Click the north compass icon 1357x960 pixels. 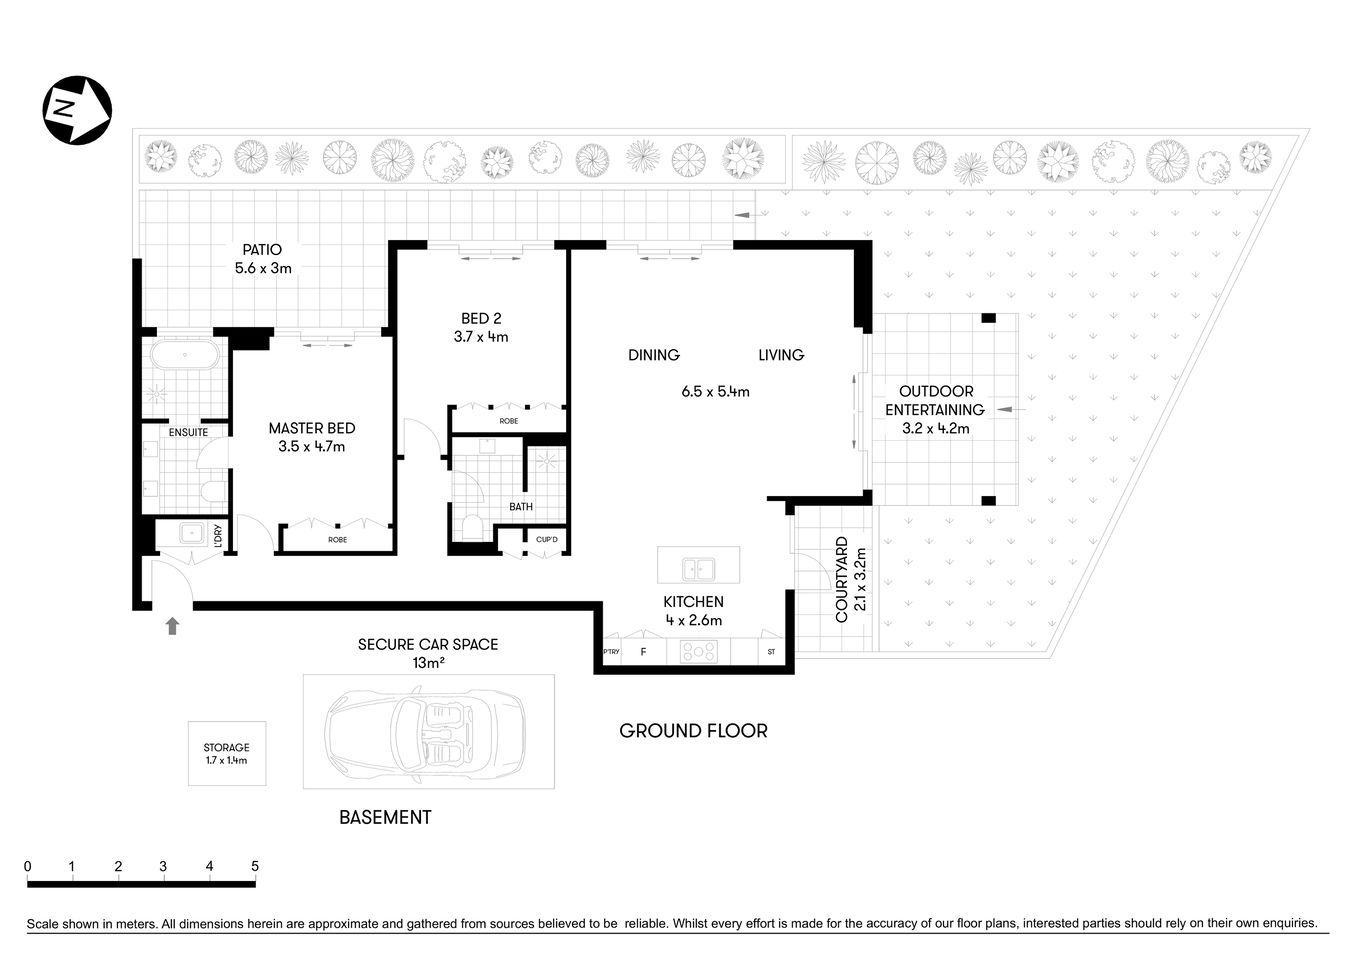click(77, 109)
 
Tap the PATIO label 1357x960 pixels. click(262, 250)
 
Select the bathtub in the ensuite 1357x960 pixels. click(185, 356)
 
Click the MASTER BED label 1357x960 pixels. click(311, 428)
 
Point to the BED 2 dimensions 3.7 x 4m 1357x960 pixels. click(480, 337)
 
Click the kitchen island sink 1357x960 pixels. click(697, 569)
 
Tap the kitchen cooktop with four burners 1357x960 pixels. click(698, 651)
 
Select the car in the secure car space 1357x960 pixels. click(428, 732)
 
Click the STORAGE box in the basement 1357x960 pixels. click(227, 753)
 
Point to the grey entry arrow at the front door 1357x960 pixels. click(172, 626)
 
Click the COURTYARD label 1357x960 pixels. click(842, 580)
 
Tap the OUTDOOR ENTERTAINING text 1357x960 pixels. click(934, 400)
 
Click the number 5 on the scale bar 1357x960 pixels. click(255, 866)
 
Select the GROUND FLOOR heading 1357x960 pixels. click(693, 731)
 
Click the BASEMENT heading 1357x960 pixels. click(385, 817)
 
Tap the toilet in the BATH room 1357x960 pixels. click(472, 526)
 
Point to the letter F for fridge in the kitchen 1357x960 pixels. click(643, 652)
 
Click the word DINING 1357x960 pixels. click(653, 355)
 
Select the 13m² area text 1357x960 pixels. click(427, 663)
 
